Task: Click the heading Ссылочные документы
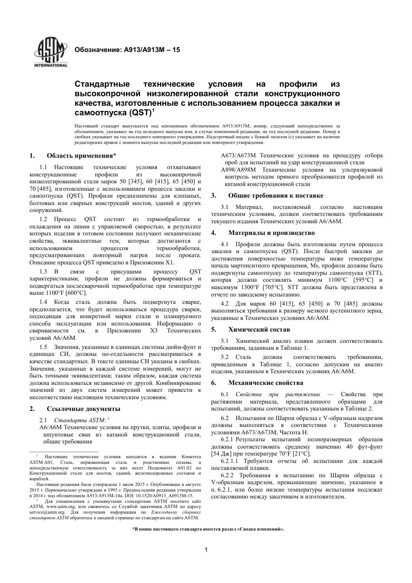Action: click(83, 409)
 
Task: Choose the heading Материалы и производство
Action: click(271, 233)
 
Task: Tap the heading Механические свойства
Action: click(266, 383)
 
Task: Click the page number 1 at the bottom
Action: click(206, 550)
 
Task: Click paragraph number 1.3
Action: click(43, 272)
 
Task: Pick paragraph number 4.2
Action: click(225, 304)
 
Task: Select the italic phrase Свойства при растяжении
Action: click(278, 394)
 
